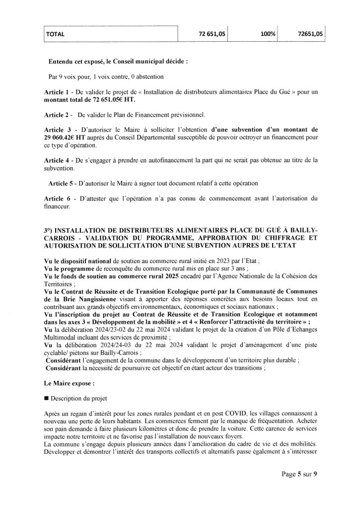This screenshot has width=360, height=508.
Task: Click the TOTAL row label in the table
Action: [56, 34]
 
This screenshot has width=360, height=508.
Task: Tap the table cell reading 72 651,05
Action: [212, 34]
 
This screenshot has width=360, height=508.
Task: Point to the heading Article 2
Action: [58, 115]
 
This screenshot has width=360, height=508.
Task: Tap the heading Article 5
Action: [62, 183]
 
